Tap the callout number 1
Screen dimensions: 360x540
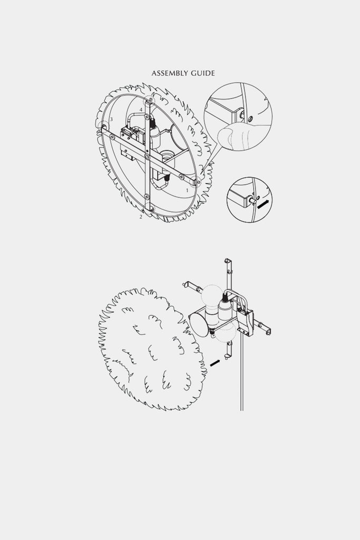coord(188,190)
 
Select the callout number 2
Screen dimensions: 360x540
coord(141,217)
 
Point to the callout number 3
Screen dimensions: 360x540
coord(111,120)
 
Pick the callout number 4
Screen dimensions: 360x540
coord(141,110)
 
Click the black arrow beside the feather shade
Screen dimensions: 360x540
coord(215,363)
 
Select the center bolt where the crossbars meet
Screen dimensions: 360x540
coord(147,157)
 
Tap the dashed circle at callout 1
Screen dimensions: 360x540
coord(196,181)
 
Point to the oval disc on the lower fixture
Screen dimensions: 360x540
coord(199,324)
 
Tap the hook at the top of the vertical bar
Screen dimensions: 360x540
coord(227,261)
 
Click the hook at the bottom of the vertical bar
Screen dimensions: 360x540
coord(227,356)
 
